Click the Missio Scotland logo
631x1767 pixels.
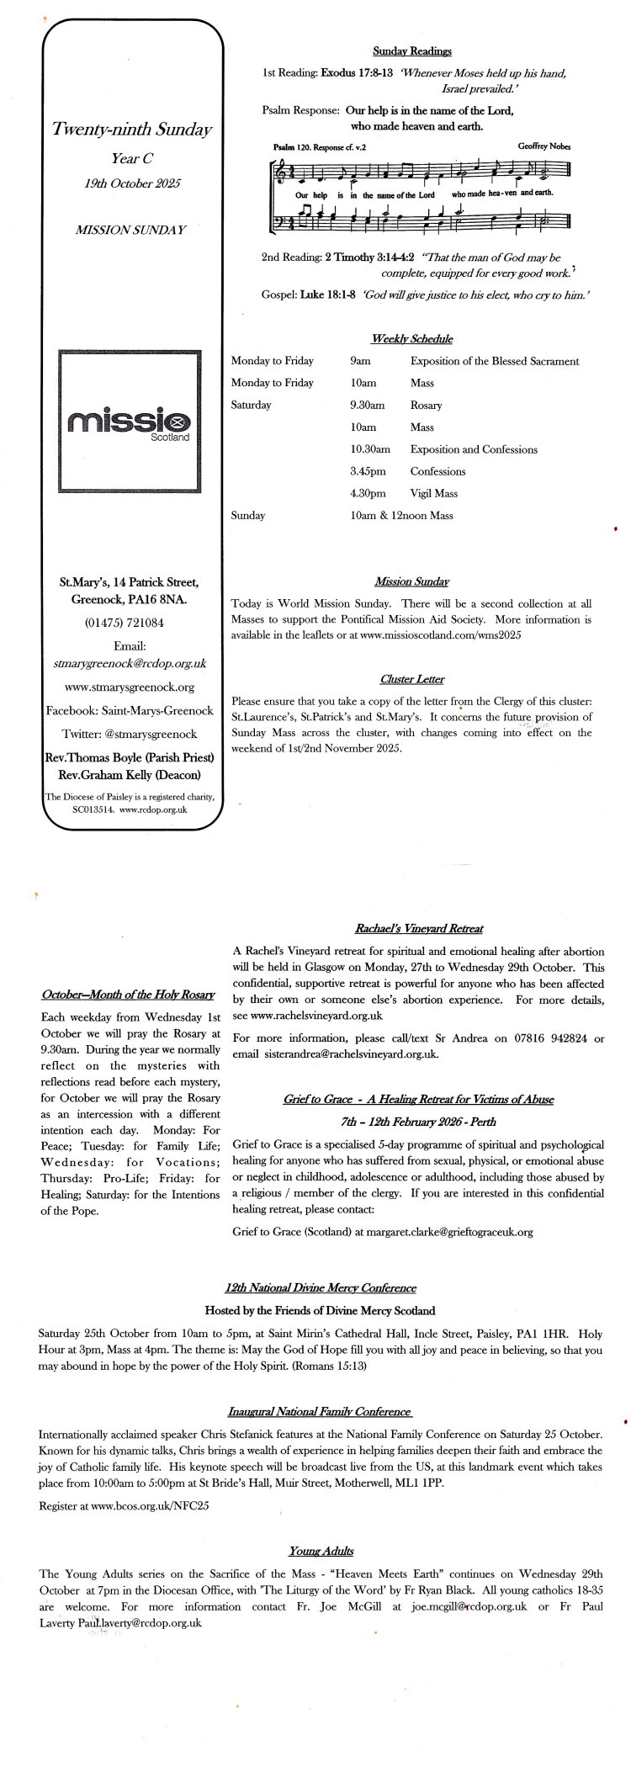129,421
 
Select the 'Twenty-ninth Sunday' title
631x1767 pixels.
131,130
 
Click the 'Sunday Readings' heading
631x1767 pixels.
412,51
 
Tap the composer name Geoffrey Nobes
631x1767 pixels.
545,146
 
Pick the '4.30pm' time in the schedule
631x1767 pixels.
369,493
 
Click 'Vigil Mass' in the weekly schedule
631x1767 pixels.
433,493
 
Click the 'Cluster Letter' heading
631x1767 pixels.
412,679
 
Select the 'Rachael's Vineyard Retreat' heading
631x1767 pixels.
417,929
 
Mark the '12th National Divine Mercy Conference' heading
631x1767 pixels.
321,1287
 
